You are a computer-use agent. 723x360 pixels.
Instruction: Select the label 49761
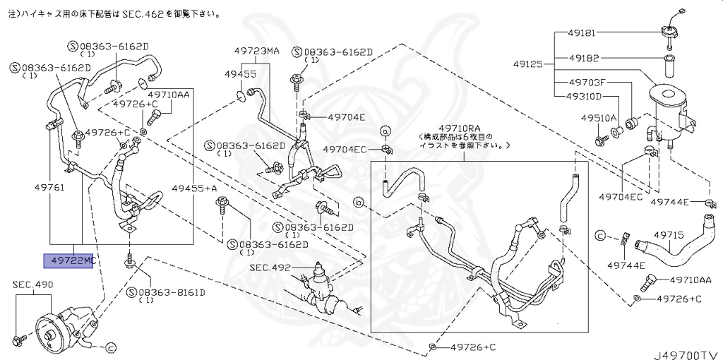[49, 188]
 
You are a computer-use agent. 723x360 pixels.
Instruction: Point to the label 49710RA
[462, 127]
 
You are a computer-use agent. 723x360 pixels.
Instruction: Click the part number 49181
[583, 32]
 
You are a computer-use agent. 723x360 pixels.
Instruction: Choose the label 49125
[530, 64]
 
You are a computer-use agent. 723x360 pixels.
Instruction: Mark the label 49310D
[585, 97]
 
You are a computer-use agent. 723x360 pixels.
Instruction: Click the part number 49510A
[599, 118]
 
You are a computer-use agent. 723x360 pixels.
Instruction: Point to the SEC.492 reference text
[270, 268]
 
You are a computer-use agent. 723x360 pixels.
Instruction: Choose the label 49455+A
[194, 188]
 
